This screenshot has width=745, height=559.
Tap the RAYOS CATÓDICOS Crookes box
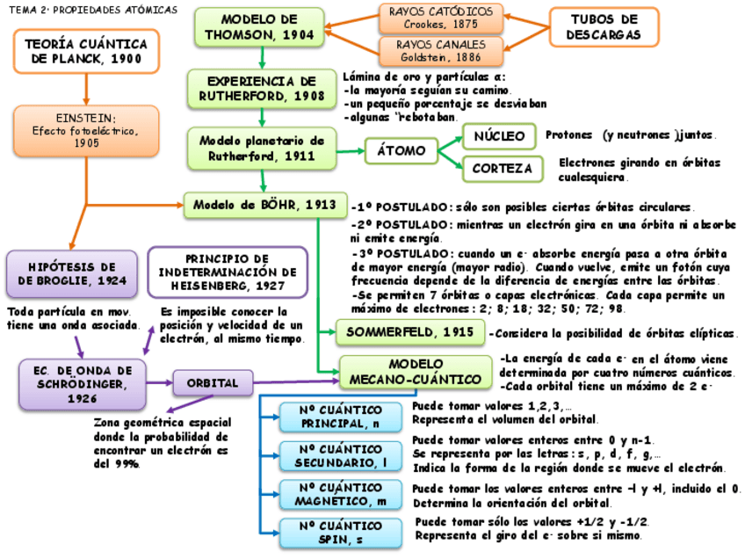point(441,18)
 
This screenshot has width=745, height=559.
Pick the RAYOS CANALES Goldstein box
point(442,49)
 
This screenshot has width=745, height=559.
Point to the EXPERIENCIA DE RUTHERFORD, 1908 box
point(262,89)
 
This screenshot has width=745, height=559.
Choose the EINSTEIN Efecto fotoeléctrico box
point(86,130)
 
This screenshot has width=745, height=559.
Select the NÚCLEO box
point(499,136)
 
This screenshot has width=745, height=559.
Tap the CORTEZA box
point(502,168)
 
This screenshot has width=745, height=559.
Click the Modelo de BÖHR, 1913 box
point(264,205)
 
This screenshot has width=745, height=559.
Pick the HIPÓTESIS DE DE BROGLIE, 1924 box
point(72,273)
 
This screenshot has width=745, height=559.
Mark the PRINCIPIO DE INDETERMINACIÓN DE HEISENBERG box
point(228,272)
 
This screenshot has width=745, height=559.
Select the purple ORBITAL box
point(213,383)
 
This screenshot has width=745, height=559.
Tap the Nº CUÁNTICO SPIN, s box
point(341,532)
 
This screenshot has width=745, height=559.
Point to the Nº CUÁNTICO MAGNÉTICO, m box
point(341,494)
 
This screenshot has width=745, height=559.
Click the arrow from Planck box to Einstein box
point(85,89)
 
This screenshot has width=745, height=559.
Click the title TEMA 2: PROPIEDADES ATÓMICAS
point(93,10)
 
